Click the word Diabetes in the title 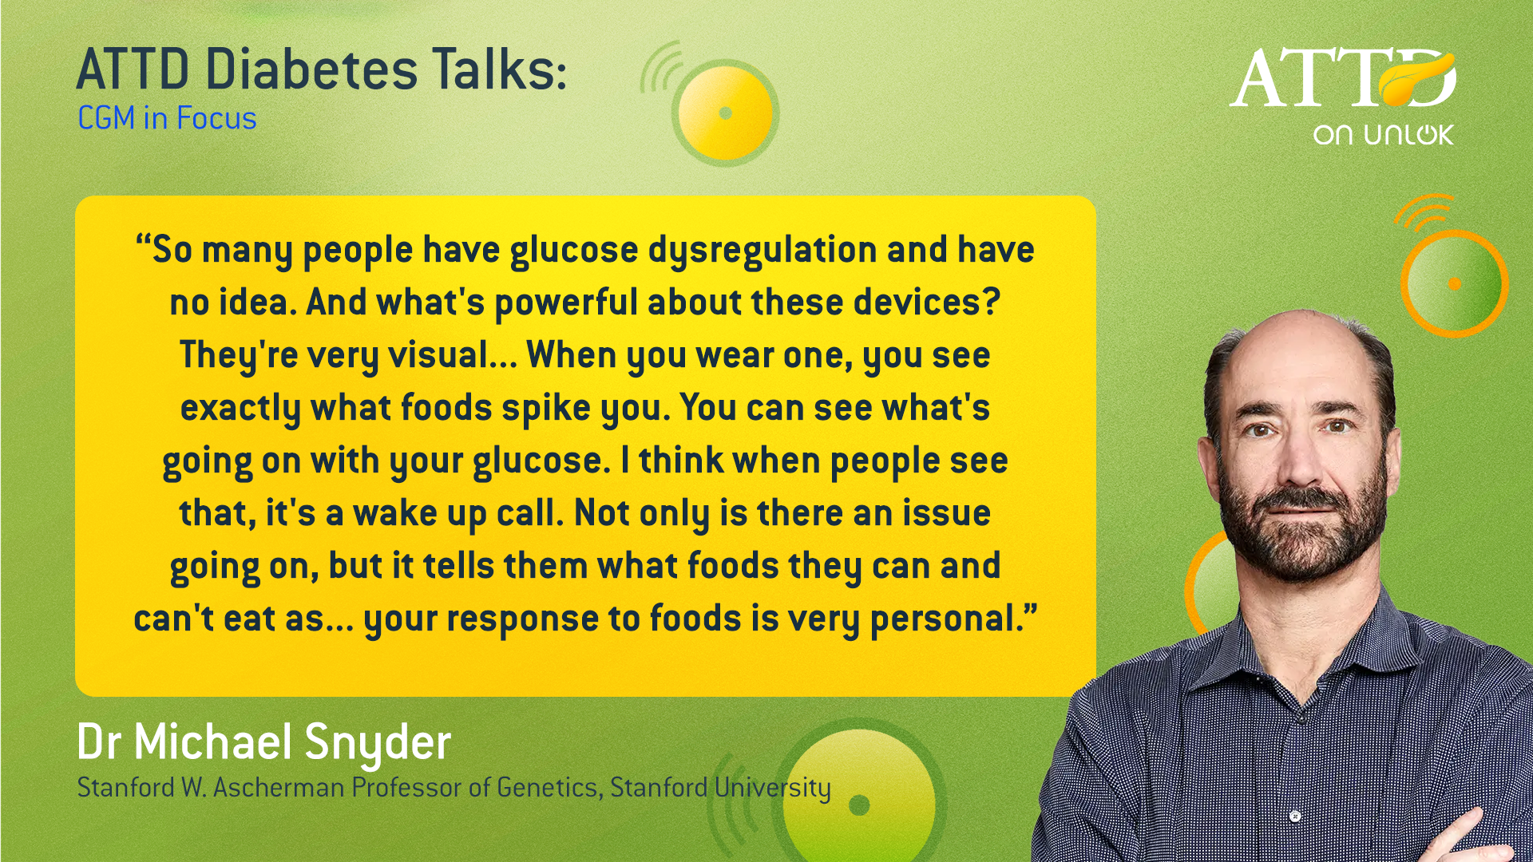pyautogui.click(x=311, y=69)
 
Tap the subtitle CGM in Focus pyautogui.click(x=167, y=118)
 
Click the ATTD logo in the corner pyautogui.click(x=1343, y=77)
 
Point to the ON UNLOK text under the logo pyautogui.click(x=1384, y=134)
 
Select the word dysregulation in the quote pyautogui.click(x=763, y=251)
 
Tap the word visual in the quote pyautogui.click(x=438, y=355)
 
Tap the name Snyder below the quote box pyautogui.click(x=378, y=743)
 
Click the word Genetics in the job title pyautogui.click(x=548, y=788)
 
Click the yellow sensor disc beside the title pyautogui.click(x=725, y=113)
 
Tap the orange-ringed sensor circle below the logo pyautogui.click(x=1454, y=283)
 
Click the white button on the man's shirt pyautogui.click(x=1295, y=817)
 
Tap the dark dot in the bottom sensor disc pyautogui.click(x=859, y=805)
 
